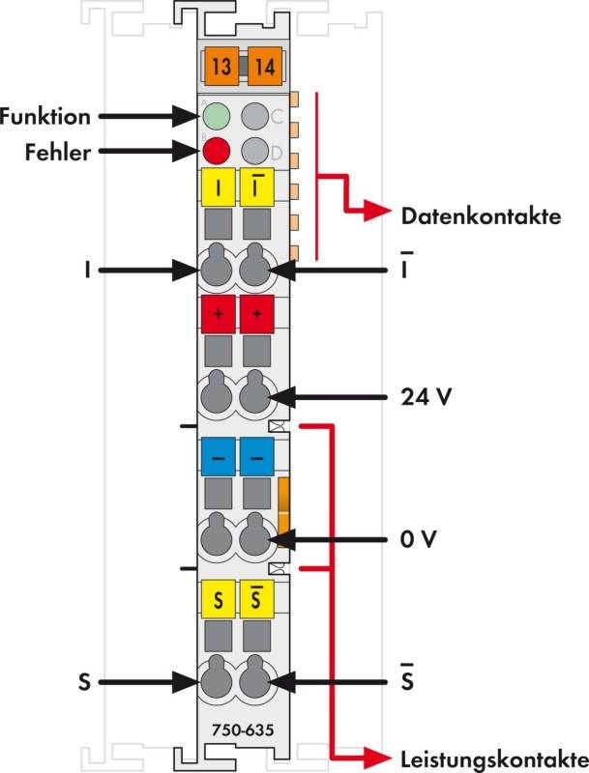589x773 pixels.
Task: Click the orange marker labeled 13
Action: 221,67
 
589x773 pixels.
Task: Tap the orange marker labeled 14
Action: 265,67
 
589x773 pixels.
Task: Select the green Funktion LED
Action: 216,116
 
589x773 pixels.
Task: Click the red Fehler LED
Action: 216,151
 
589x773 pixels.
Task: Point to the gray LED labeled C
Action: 255,116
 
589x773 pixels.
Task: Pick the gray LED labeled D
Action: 255,151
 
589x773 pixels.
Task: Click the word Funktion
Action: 45,117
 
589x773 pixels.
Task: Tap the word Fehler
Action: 58,153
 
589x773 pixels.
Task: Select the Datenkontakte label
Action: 481,216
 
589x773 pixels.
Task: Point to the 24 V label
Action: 427,396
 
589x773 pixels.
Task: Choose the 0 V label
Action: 419,539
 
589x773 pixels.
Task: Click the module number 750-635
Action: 243,730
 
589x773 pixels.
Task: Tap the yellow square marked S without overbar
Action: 218,599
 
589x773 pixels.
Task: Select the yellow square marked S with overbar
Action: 256,599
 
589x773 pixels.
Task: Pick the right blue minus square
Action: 256,457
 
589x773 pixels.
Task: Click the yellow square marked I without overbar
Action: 218,187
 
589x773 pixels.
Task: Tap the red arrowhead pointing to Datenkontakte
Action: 378,212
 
